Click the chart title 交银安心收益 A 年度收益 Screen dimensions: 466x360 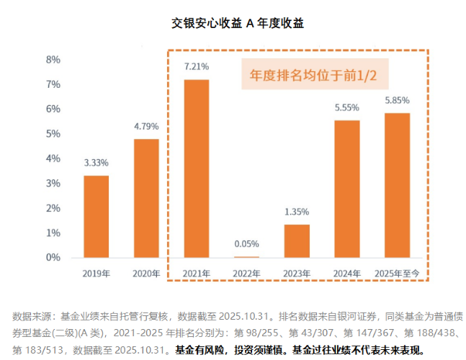(x=238, y=23)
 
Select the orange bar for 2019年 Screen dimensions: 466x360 (x=97, y=217)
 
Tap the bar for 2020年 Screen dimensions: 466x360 (x=146, y=198)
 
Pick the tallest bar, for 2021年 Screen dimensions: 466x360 (x=197, y=168)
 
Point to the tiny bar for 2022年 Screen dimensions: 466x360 (x=246, y=257)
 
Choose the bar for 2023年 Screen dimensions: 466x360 (x=297, y=241)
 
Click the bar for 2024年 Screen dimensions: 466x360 (x=347, y=189)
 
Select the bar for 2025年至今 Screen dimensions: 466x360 (x=398, y=185)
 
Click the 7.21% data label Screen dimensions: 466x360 (x=197, y=66)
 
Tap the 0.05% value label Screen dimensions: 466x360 (x=246, y=244)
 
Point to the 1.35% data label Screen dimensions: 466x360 (x=297, y=212)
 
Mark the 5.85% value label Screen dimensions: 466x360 (x=398, y=100)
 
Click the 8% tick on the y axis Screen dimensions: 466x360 (x=53, y=60)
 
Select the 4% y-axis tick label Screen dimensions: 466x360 (x=53, y=158)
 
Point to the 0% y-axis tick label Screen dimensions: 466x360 (x=53, y=257)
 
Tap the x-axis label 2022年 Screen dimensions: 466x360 (x=246, y=274)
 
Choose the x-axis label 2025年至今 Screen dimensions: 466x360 (x=398, y=274)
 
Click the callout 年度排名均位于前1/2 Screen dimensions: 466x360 (x=313, y=75)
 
